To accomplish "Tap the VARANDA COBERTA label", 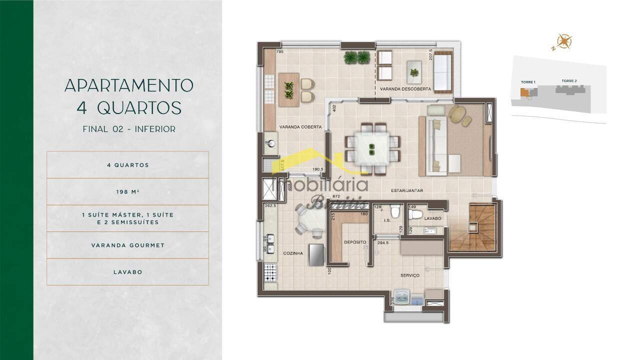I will point(300,127).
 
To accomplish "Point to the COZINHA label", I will point(292,253).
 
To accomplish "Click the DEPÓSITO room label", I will point(355,242).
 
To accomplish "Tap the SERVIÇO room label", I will point(409,275).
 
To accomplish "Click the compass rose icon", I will point(563,42).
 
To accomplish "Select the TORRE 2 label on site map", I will point(569,81).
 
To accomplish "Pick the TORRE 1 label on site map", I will point(528,82).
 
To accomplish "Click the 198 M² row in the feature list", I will point(127,191).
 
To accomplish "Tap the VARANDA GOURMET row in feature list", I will point(127,245).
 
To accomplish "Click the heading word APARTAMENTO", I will point(128,85).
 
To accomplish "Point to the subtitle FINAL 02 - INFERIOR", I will point(128,129).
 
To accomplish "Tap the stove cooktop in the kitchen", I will point(270,273).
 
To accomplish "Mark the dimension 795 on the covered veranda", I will point(280,52).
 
